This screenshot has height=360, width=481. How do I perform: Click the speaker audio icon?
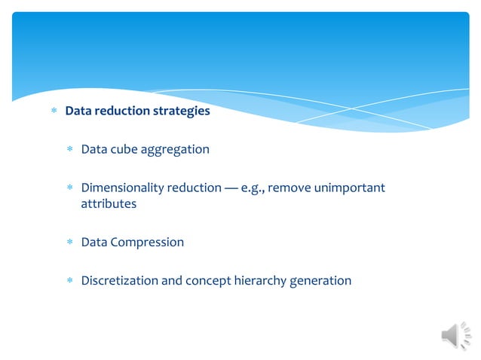click(455, 335)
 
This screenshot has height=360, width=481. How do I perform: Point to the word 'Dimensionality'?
click(121, 187)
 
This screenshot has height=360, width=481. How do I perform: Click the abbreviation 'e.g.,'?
click(253, 187)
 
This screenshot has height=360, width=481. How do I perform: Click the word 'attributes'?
click(109, 204)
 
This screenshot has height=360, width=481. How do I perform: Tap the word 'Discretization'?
click(121, 281)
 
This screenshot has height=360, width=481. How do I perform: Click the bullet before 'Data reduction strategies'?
click(53, 111)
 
